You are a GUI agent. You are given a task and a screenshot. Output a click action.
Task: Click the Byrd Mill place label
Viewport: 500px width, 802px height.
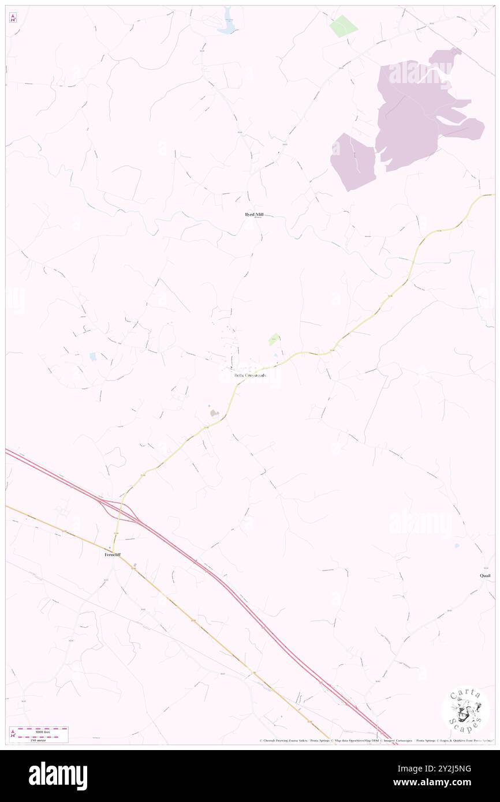point(254,214)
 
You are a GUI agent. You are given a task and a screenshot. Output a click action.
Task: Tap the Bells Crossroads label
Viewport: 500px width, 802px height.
point(251,375)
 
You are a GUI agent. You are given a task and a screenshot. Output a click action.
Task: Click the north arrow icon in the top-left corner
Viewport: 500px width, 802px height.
point(13,18)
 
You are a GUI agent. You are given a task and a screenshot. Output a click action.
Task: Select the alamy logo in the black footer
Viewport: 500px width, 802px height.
point(58,775)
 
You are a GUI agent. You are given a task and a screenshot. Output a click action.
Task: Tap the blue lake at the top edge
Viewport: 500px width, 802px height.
point(225,21)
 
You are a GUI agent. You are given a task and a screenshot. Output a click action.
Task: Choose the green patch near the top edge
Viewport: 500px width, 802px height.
point(343,26)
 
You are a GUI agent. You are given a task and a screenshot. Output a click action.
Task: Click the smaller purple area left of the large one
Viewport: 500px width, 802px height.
point(352,162)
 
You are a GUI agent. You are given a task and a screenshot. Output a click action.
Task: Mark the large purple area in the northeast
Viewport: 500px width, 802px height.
point(421,110)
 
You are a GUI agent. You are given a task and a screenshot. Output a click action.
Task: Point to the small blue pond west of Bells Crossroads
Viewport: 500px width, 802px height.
point(93,357)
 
